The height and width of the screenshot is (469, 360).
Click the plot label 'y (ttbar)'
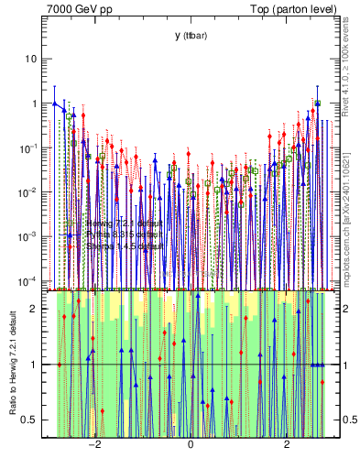point(191,35)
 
